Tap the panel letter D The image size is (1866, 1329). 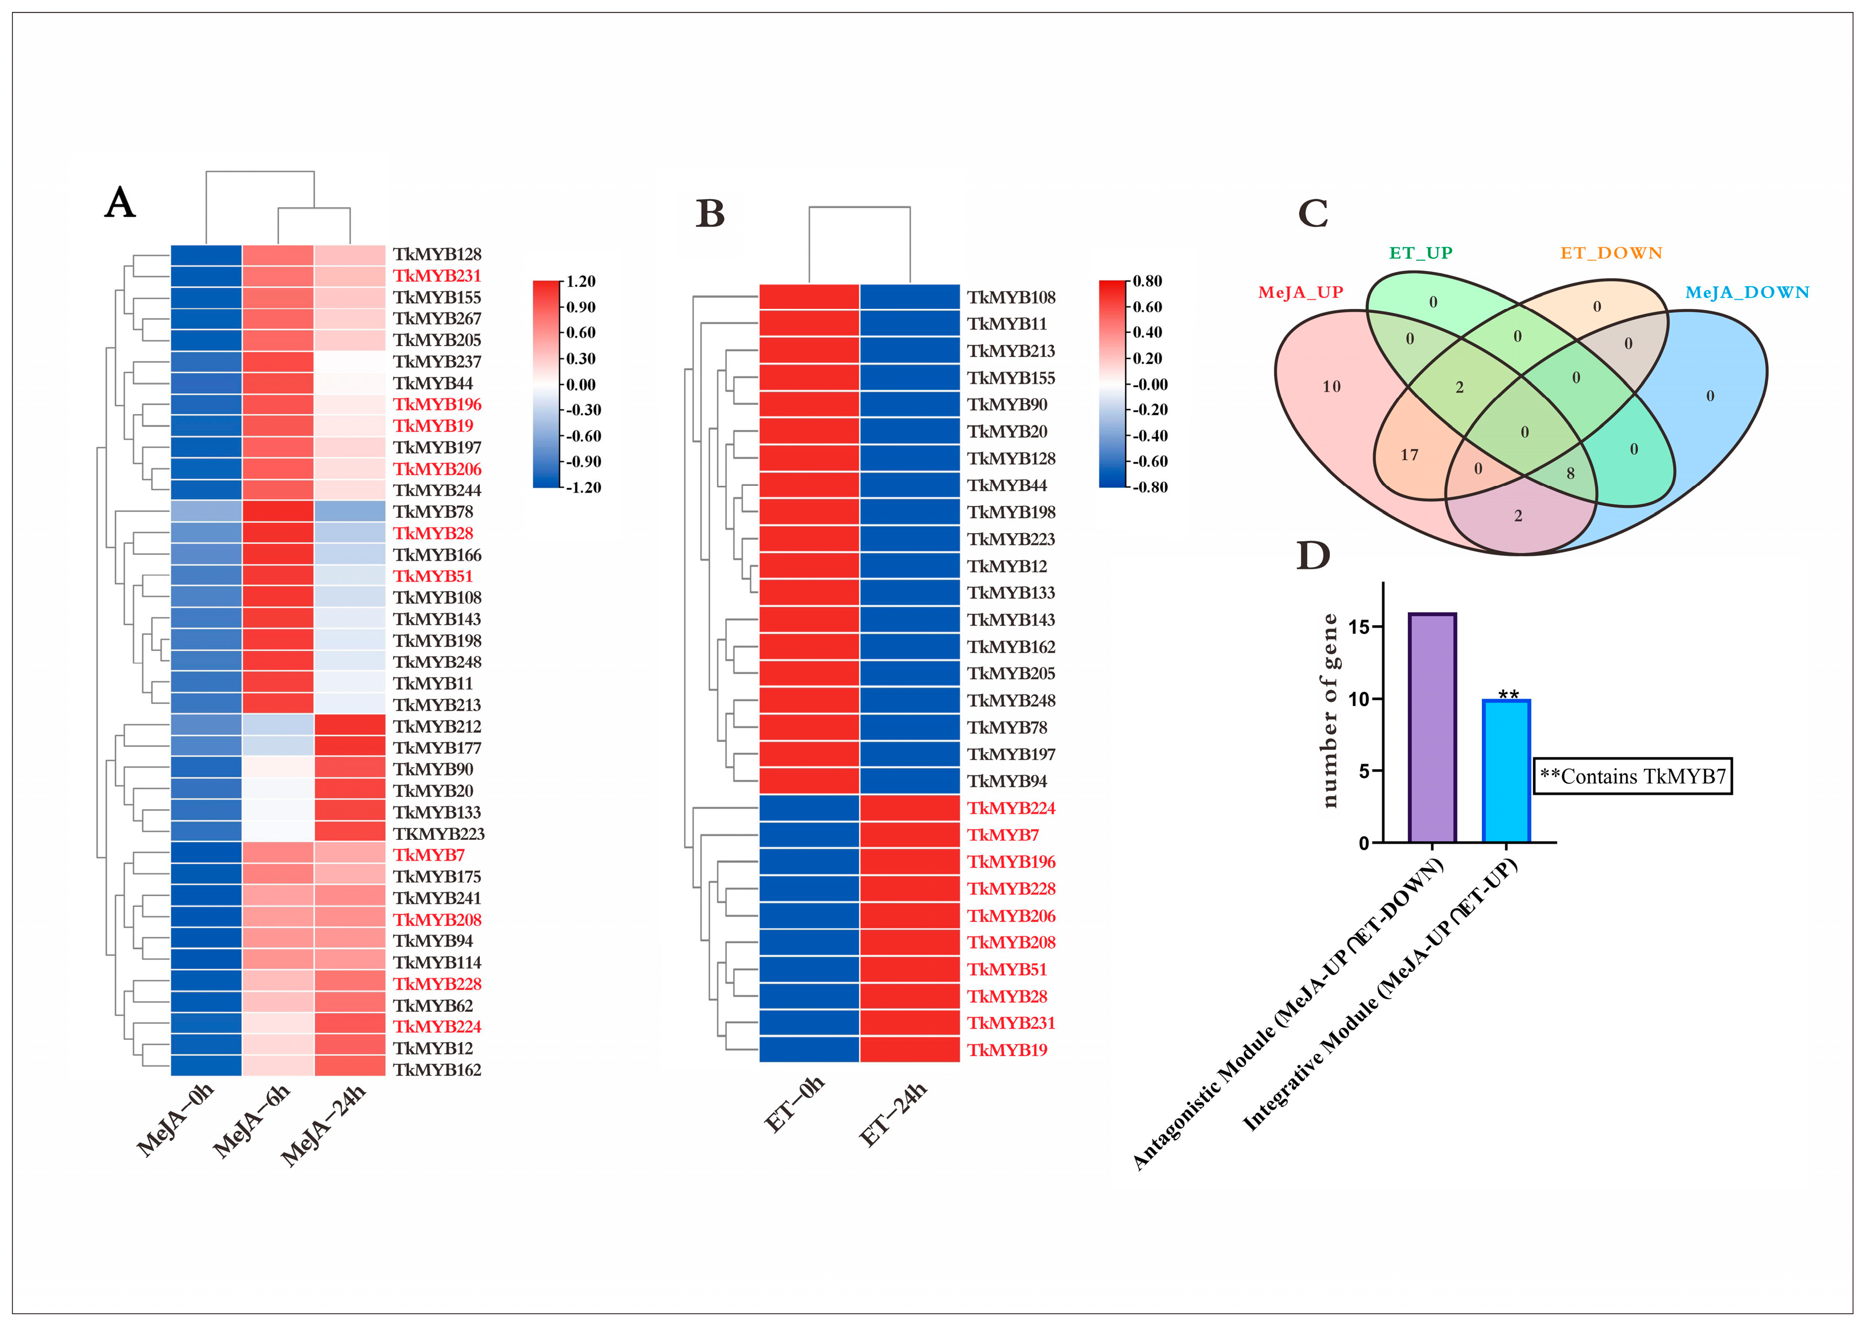pyautogui.click(x=1313, y=556)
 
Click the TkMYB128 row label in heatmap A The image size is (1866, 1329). pyautogui.click(x=437, y=254)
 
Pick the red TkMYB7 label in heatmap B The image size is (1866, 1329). pyautogui.click(x=1003, y=835)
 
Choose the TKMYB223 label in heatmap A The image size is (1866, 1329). pyautogui.click(x=439, y=834)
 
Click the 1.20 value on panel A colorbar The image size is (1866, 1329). pyautogui.click(x=581, y=282)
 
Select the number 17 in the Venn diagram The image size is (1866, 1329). pyautogui.click(x=1408, y=455)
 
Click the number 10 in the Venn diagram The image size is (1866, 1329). pyautogui.click(x=1332, y=386)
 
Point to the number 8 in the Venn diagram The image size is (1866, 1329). pyautogui.click(x=1570, y=473)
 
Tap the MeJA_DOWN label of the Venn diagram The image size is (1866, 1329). pyautogui.click(x=1746, y=292)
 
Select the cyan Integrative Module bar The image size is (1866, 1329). pyautogui.click(x=1506, y=771)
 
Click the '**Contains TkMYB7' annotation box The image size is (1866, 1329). pyautogui.click(x=1632, y=776)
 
